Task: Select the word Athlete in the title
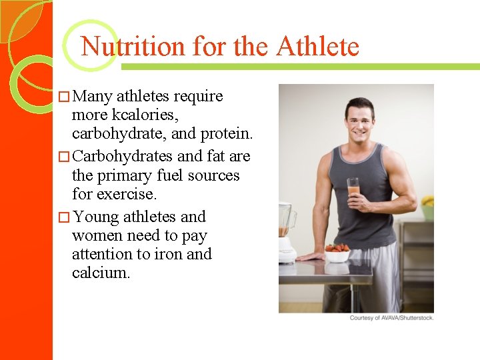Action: pyautogui.click(x=317, y=47)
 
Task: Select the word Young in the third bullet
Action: pyautogui.click(x=97, y=217)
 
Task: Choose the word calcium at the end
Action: pyautogui.click(x=101, y=273)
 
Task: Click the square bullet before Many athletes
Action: pyautogui.click(x=63, y=97)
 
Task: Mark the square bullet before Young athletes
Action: pyautogui.click(x=63, y=217)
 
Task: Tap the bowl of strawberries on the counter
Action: pyautogui.click(x=337, y=253)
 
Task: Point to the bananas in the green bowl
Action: pyautogui.click(x=427, y=201)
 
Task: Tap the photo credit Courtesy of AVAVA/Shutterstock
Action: pyautogui.click(x=391, y=318)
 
